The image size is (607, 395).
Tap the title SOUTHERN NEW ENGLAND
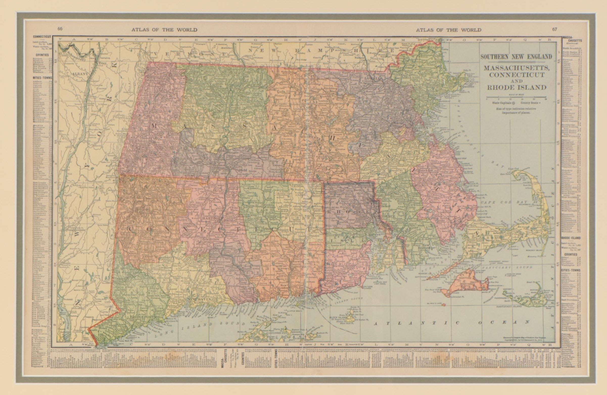pyautogui.click(x=517, y=57)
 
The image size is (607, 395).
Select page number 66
pyautogui.click(x=60, y=29)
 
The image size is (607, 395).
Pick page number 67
pyautogui.click(x=554, y=29)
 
